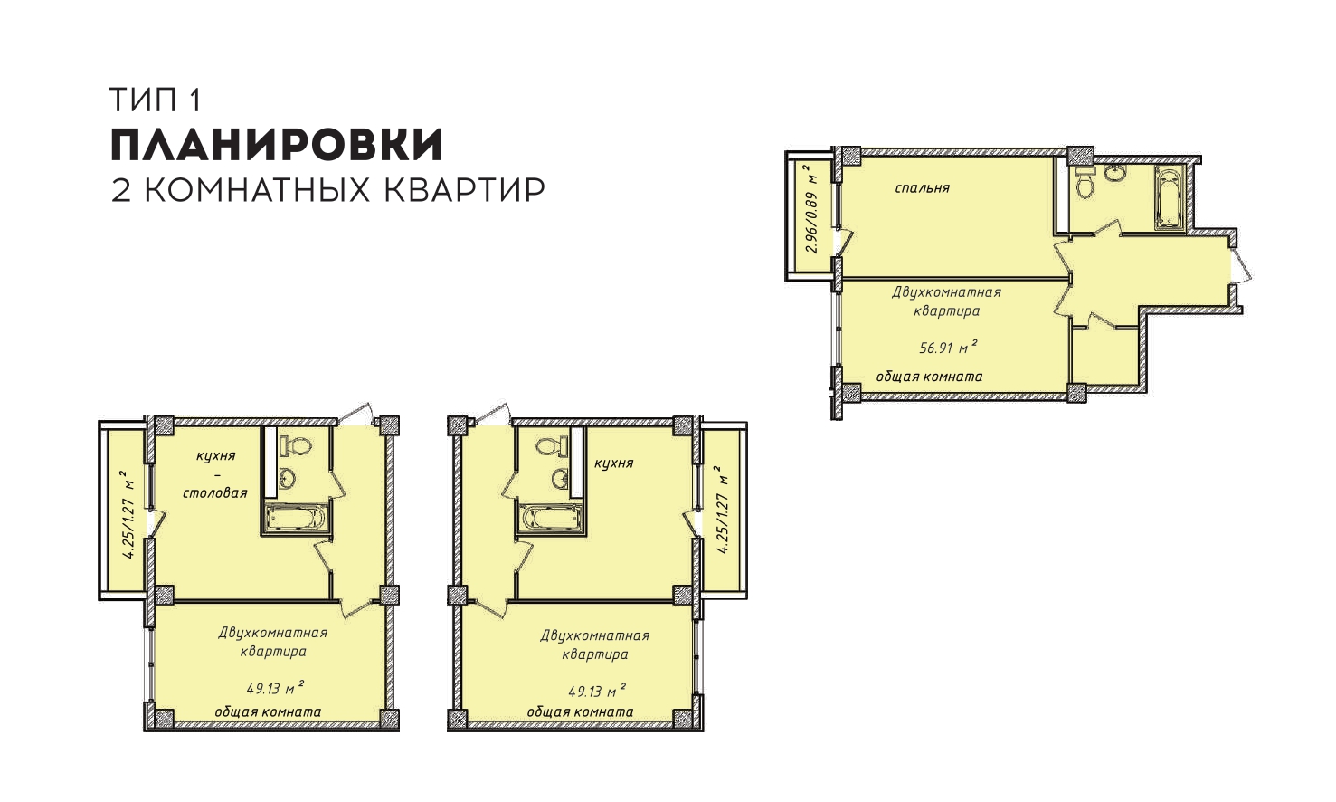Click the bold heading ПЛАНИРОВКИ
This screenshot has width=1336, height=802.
coord(277,145)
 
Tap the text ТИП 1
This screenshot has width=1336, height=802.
coord(155,100)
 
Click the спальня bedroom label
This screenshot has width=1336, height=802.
coord(922,188)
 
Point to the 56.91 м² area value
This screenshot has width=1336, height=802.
coord(948,347)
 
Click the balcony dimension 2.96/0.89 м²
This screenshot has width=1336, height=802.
coord(810,210)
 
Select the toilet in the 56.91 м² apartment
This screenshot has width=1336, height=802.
coord(1085,181)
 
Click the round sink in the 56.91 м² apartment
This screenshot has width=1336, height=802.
coord(1115,173)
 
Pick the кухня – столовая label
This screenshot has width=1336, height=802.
coord(215,474)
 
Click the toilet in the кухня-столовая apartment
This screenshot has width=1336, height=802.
coord(296,445)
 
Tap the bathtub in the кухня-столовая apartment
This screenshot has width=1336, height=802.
coord(295,518)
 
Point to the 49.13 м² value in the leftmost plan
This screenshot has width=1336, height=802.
coord(276,688)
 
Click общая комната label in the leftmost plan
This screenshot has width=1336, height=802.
coord(268,711)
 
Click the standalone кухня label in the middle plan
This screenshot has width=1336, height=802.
coord(613,463)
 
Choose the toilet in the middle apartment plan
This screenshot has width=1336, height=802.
coord(550,445)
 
